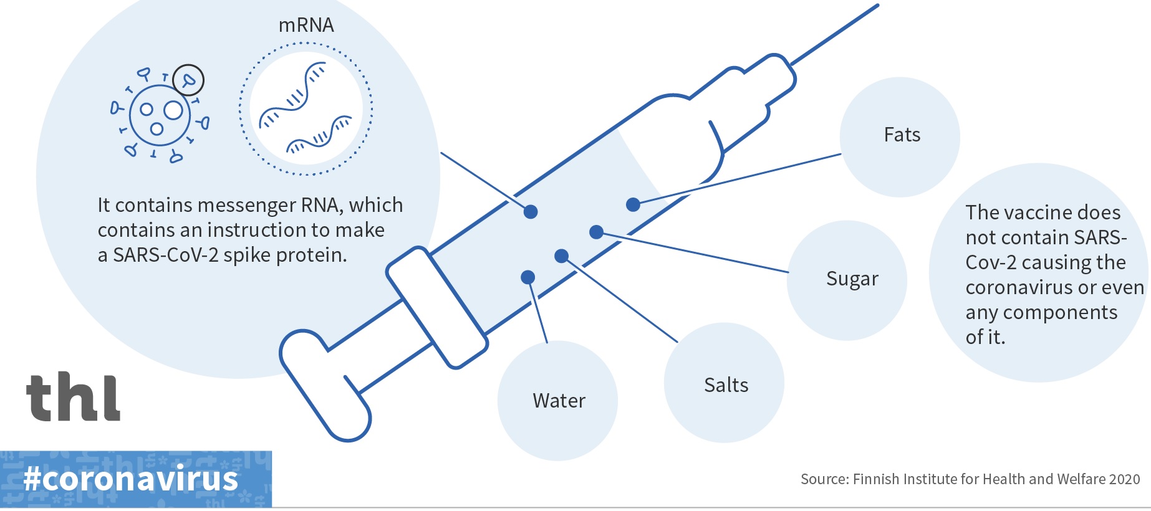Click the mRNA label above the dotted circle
point(306,26)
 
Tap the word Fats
point(902,135)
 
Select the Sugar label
point(852,279)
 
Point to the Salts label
point(726,385)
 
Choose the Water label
point(559,401)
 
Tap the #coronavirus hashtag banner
point(131,479)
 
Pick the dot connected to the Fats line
point(633,204)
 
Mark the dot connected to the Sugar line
point(596,232)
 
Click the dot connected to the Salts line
point(561,255)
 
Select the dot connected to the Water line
point(527,277)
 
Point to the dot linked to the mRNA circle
point(531,212)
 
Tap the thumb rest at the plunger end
point(324,386)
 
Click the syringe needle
point(836,34)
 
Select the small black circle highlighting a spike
point(188,80)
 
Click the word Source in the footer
point(824,479)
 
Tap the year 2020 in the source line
point(1124,479)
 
